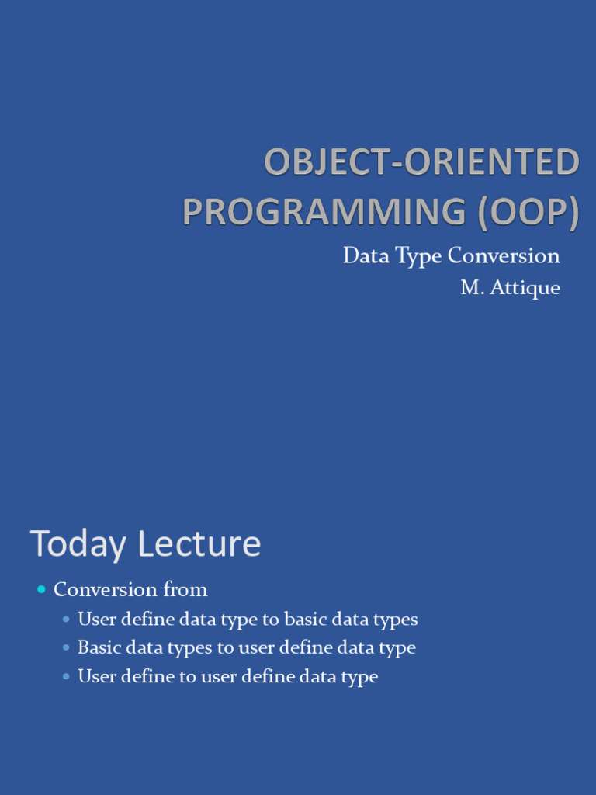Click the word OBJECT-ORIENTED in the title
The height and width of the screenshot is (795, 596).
pyautogui.click(x=421, y=164)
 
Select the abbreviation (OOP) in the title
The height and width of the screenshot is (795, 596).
pyautogui.click(x=528, y=213)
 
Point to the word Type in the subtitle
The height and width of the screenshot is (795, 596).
pyautogui.click(x=419, y=256)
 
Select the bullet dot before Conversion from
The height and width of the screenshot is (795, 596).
pyautogui.click(x=42, y=590)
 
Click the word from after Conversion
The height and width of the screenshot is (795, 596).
pyautogui.click(x=185, y=590)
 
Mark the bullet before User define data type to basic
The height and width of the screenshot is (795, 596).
pyautogui.click(x=67, y=620)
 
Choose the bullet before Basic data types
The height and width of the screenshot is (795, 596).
pyautogui.click(x=67, y=647)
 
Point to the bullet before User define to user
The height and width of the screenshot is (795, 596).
pyautogui.click(x=67, y=676)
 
